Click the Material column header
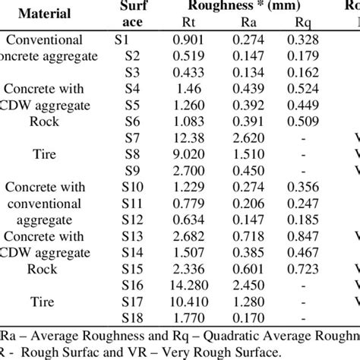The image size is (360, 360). [x=45, y=14]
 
